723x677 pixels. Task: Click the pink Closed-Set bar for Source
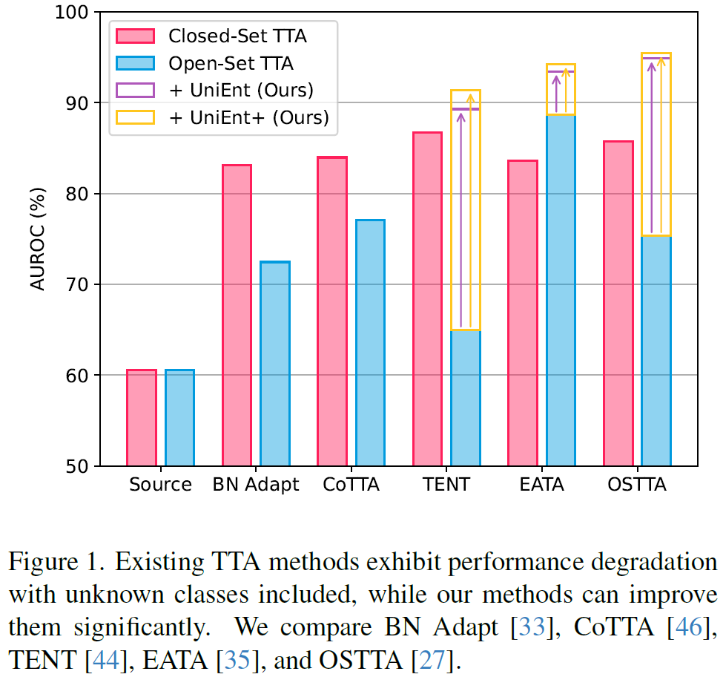point(142,418)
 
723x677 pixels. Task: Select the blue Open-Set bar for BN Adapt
point(275,364)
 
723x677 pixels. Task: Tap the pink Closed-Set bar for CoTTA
point(331,312)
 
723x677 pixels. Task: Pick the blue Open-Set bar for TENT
point(466,398)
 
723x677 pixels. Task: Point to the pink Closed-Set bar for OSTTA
point(618,304)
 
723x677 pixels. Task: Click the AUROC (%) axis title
point(38,239)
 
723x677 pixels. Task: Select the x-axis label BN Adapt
point(256,485)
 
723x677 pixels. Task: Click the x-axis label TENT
point(447,485)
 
